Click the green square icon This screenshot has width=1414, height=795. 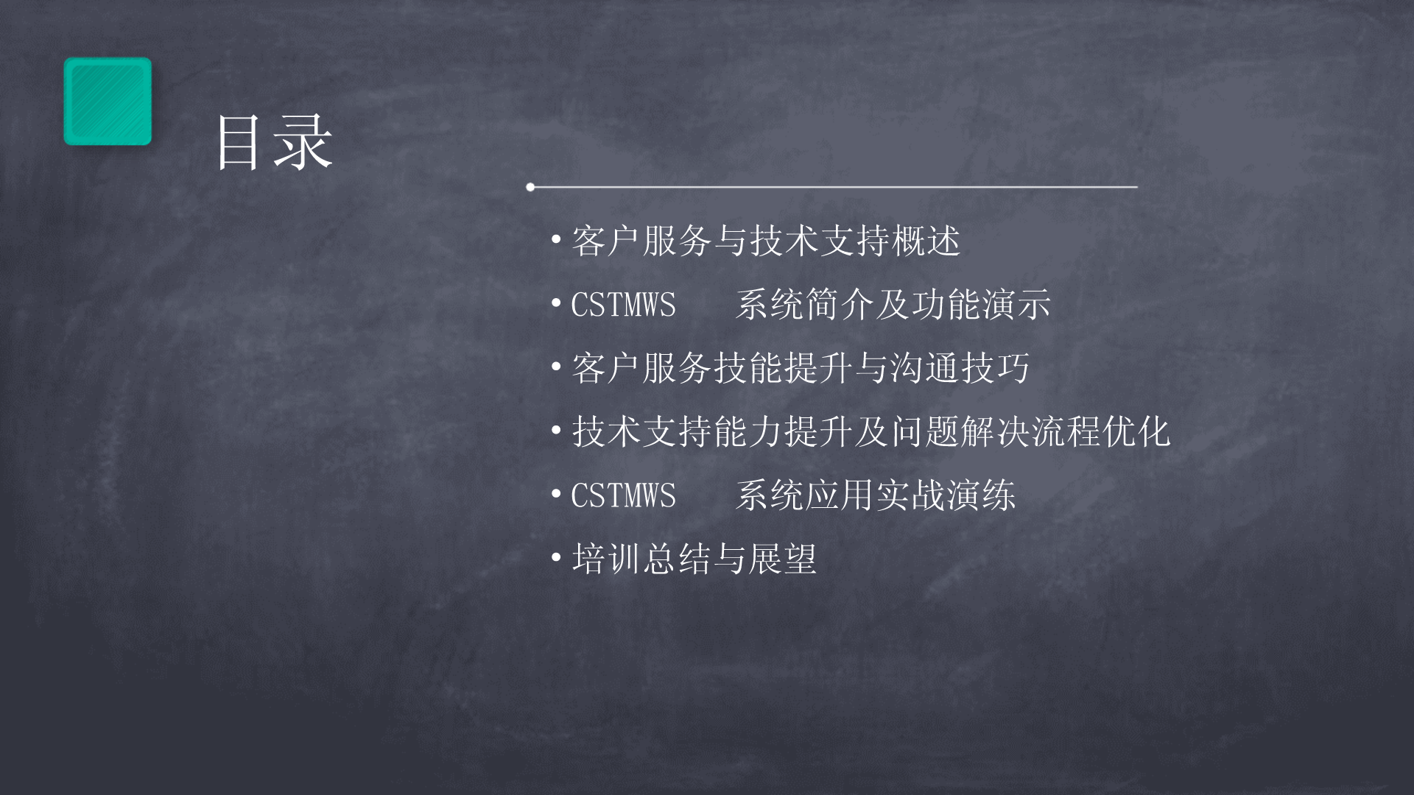[108, 101]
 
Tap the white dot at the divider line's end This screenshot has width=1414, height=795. [530, 187]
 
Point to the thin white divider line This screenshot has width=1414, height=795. [834, 187]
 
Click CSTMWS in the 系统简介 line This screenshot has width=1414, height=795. [623, 305]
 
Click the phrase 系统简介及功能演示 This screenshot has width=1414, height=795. [893, 305]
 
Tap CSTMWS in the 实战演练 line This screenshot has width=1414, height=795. [623, 495]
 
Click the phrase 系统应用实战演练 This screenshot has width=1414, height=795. [875, 495]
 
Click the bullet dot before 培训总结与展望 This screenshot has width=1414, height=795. [557, 559]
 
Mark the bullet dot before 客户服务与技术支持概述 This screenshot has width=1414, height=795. [557, 241]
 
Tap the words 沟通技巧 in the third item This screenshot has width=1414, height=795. [960, 368]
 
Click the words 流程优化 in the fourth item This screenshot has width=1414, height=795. [1101, 431]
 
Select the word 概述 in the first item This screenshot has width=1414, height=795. [926, 241]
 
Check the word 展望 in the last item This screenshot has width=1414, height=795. [782, 559]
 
